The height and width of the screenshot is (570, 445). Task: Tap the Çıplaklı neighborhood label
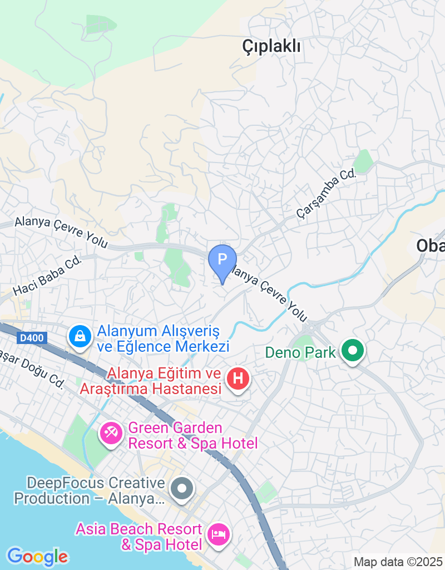tap(271, 47)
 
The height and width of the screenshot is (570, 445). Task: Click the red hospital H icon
tap(238, 380)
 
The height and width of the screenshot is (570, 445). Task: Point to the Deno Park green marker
tap(352, 351)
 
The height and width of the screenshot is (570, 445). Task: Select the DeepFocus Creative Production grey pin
tap(182, 489)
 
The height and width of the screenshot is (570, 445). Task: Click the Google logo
tap(37, 556)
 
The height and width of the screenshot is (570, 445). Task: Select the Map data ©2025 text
tap(398, 562)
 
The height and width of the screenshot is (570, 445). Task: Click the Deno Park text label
tap(300, 352)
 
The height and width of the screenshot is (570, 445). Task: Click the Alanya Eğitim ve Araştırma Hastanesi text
tap(151, 381)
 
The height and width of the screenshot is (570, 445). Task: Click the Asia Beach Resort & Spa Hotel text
tap(139, 535)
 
